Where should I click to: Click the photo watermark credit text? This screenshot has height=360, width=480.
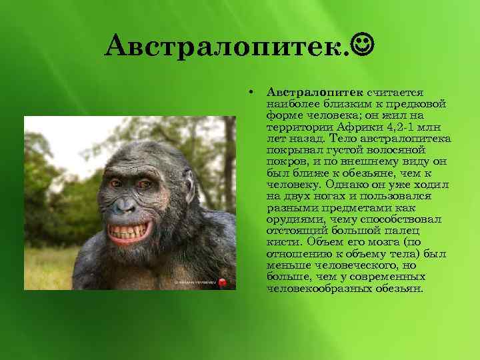point(196,283)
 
